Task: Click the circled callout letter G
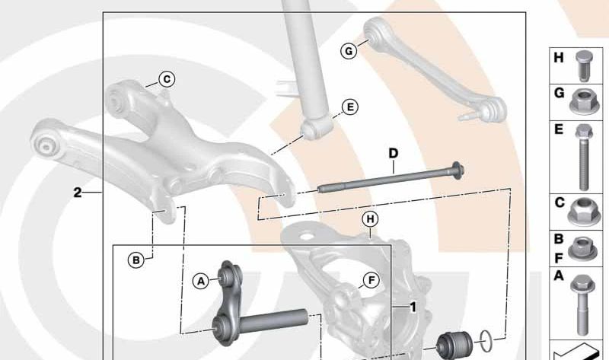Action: (x=348, y=51)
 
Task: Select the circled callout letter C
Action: (x=167, y=78)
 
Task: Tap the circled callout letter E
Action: (x=349, y=107)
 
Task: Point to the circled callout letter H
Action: (x=370, y=220)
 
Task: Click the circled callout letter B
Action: (x=136, y=260)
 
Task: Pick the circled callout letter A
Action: (x=201, y=282)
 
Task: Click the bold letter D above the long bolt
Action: (x=393, y=154)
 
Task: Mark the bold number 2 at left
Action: (x=77, y=193)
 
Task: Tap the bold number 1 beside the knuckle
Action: (x=412, y=308)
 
